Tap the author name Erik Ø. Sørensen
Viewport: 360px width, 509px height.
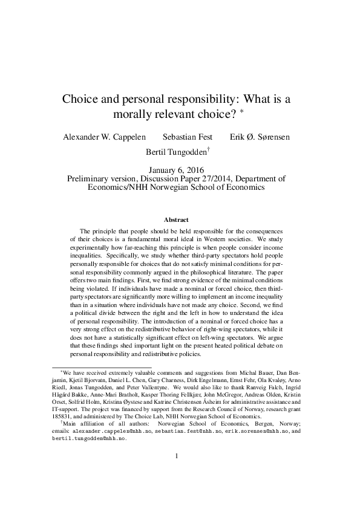point(260,137)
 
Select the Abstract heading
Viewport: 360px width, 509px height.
point(177,219)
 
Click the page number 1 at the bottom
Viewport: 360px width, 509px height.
point(176,473)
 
